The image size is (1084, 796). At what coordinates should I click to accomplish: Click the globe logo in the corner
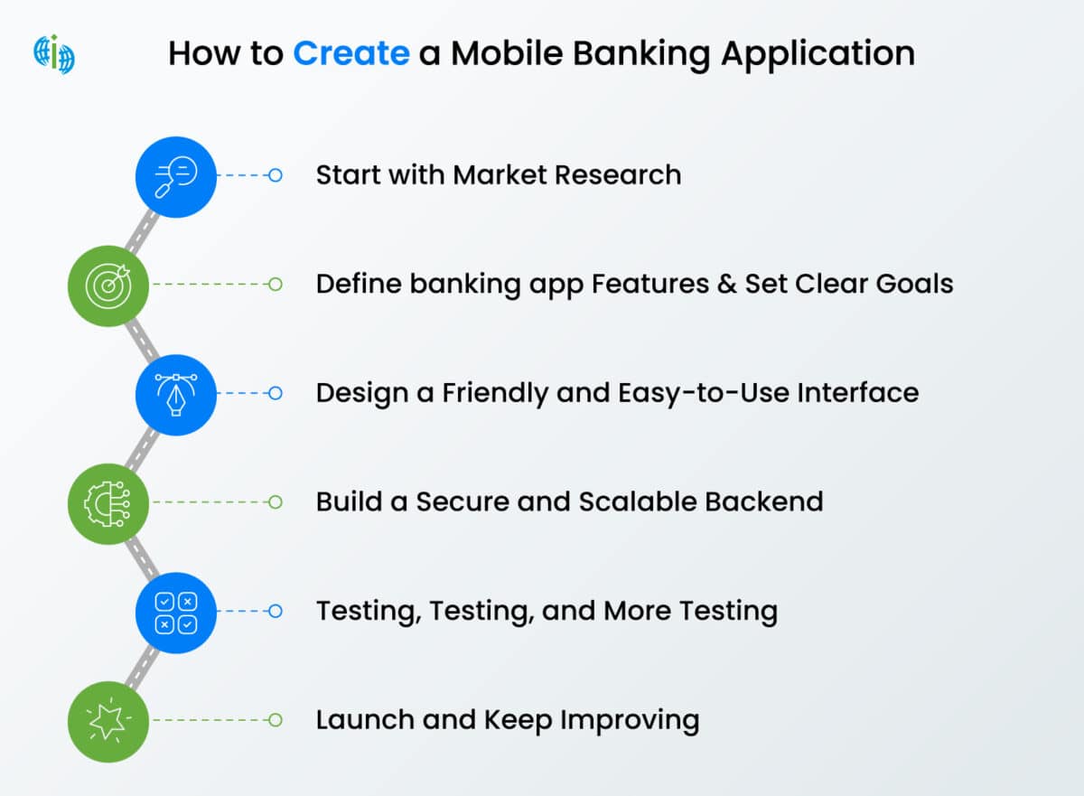pyautogui.click(x=54, y=54)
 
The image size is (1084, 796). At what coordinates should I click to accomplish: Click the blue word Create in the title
pyautogui.click(x=350, y=54)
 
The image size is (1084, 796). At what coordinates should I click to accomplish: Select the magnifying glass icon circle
pyautogui.click(x=176, y=176)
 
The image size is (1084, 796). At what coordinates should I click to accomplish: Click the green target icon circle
pyautogui.click(x=109, y=285)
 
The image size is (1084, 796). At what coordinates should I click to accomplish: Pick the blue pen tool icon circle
pyautogui.click(x=176, y=394)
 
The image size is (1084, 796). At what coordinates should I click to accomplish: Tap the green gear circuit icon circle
pyautogui.click(x=109, y=502)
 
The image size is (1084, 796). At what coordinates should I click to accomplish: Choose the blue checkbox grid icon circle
pyautogui.click(x=176, y=612)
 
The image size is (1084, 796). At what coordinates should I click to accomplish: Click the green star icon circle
pyautogui.click(x=109, y=720)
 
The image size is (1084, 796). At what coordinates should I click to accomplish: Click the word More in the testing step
pyautogui.click(x=638, y=611)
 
